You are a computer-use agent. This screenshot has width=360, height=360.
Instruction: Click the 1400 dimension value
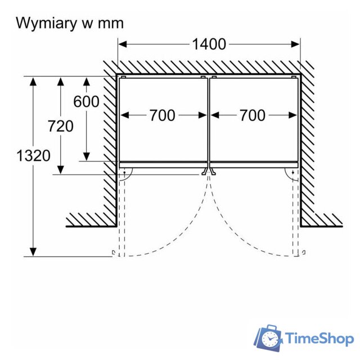(x=209, y=44)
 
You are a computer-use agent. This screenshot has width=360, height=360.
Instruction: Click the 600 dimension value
(x=86, y=101)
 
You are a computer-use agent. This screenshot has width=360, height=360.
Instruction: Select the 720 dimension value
(x=61, y=126)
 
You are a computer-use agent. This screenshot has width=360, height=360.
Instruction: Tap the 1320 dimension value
(x=34, y=155)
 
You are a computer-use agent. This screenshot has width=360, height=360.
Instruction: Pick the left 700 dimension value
(x=162, y=115)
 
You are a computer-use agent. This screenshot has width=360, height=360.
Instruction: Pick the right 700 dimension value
(x=252, y=115)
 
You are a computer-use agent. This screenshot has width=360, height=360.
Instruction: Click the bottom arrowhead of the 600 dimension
(x=86, y=156)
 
